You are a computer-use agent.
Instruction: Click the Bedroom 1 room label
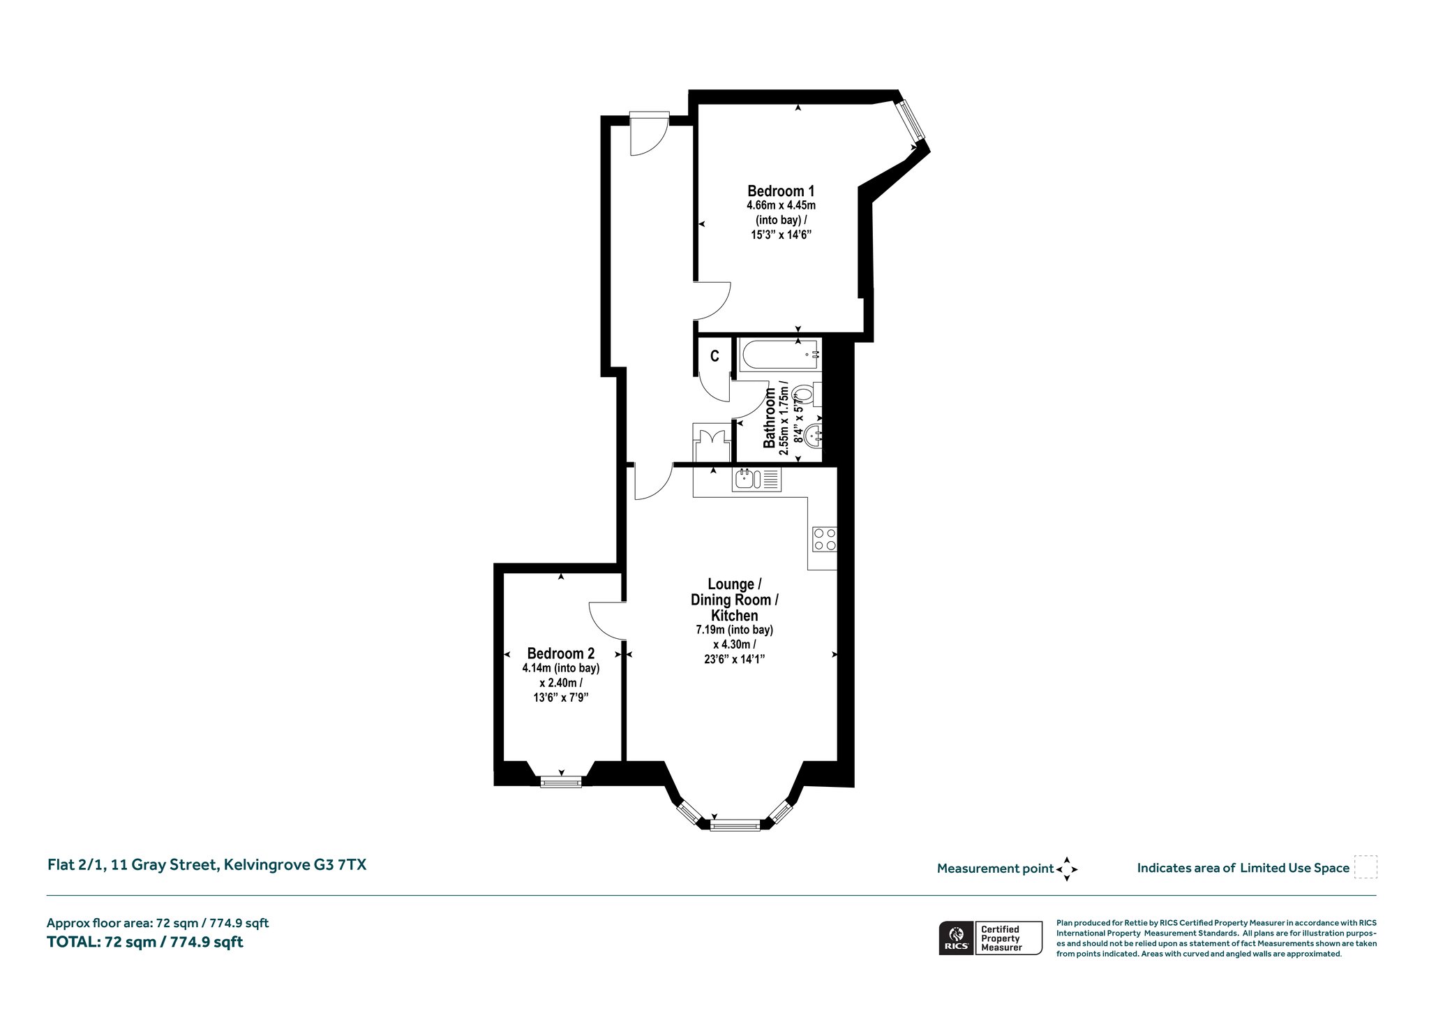tap(781, 191)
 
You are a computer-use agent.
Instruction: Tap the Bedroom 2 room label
tap(561, 654)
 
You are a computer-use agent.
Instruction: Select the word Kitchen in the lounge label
tap(734, 615)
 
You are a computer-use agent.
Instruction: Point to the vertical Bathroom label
tap(770, 418)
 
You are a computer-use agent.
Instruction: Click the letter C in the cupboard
tap(714, 356)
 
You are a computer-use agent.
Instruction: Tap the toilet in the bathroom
tap(807, 394)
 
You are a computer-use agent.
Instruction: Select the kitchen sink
tap(756, 479)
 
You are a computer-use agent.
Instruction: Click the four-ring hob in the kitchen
tap(824, 539)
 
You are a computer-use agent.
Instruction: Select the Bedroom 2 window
tap(561, 782)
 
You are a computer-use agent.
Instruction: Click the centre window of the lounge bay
tap(735, 826)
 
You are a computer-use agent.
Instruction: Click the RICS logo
tap(956, 938)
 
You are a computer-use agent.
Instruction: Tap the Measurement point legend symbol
tap(1066, 869)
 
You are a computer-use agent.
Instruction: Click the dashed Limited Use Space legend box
tap(1365, 866)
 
